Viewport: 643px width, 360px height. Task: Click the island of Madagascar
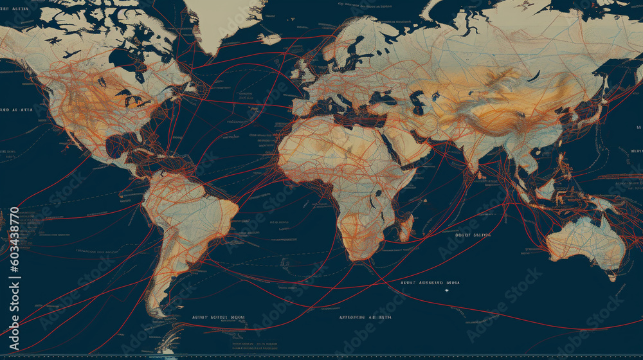pos(405,227)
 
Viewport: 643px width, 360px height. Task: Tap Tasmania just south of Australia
pos(611,276)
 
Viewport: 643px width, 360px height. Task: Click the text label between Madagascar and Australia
pos(472,235)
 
